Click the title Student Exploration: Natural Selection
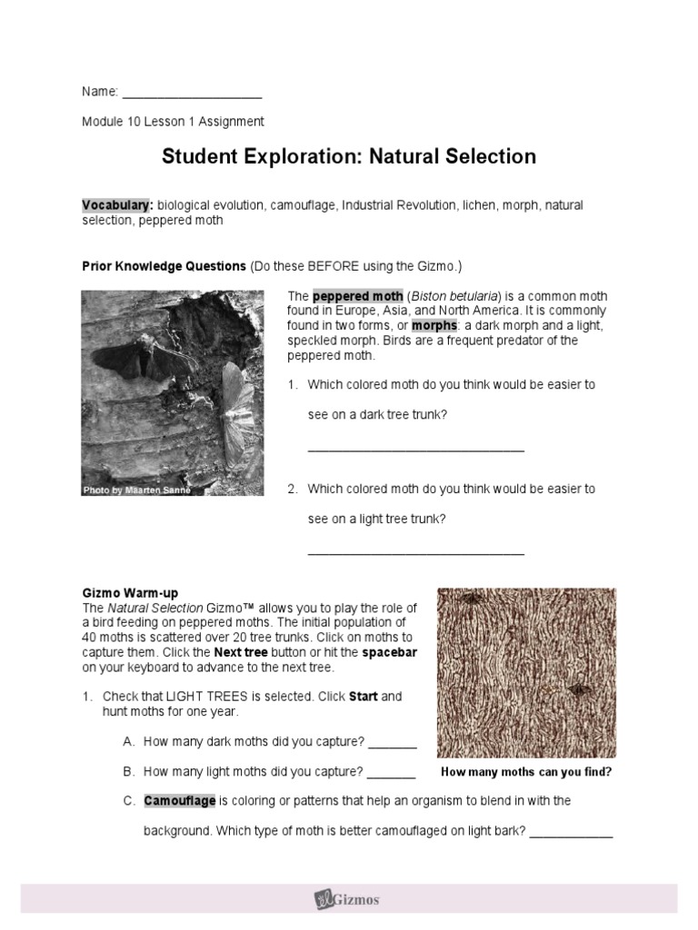349,156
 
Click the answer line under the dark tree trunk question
415,448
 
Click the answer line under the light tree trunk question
415,552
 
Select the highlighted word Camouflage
180,801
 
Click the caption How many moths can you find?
526,773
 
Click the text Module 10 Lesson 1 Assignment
173,121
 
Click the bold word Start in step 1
363,697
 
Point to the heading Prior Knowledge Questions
164,266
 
